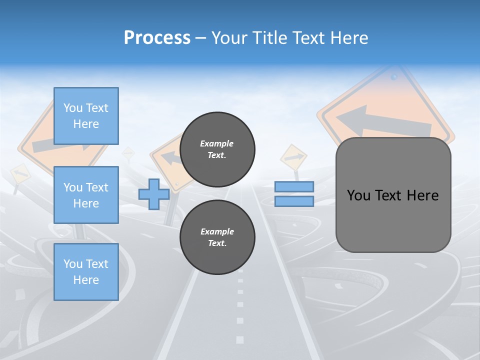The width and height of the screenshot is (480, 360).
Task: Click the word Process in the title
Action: [x=157, y=38]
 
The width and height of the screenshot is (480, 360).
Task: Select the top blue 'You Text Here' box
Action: [x=86, y=116]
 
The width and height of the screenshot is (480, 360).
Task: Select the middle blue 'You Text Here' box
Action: [x=86, y=195]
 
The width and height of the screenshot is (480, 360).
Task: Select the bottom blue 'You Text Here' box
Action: [x=86, y=272]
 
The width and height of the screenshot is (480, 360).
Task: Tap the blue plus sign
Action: [x=154, y=194]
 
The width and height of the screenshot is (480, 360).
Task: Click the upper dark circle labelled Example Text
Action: [x=217, y=149]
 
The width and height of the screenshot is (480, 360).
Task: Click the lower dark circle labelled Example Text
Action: [x=217, y=237]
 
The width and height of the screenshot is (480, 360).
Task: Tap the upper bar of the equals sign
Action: [x=294, y=186]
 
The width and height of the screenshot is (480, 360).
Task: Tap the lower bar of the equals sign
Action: [x=294, y=201]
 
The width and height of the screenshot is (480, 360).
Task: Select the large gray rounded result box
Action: [x=393, y=220]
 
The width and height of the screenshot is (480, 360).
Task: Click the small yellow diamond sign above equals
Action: [x=293, y=157]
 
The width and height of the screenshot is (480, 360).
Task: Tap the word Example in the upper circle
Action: [x=216, y=143]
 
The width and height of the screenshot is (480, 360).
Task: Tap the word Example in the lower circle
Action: [x=217, y=231]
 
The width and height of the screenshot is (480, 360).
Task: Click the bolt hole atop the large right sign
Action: [x=394, y=77]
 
